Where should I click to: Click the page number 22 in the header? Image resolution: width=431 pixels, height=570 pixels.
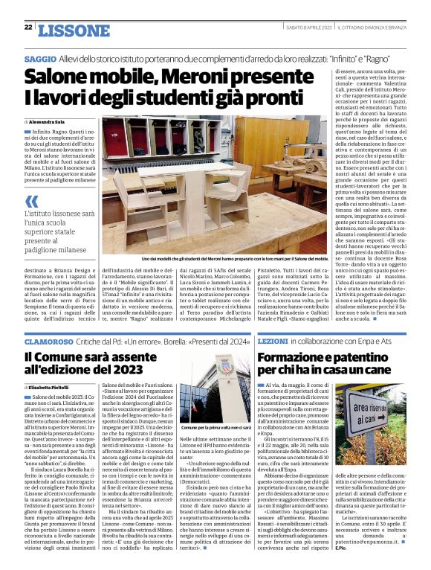pos(27,28)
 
